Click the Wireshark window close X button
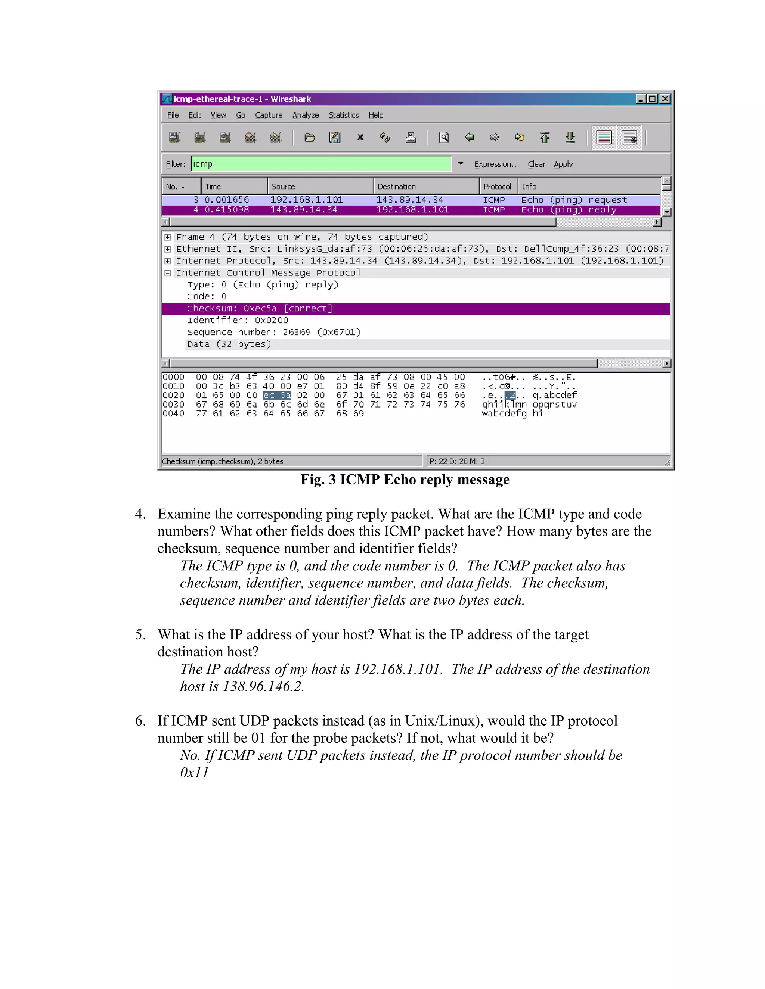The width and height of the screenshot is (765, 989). point(665,99)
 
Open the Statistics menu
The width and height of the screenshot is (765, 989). point(344,115)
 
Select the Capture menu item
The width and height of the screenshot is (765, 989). point(268,115)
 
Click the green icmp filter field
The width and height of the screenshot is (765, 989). point(321,164)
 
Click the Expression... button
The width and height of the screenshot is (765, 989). point(496,164)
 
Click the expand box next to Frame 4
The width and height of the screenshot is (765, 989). point(168,237)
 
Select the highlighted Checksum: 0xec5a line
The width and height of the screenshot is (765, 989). point(259,308)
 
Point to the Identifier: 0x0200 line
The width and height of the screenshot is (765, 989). point(238,320)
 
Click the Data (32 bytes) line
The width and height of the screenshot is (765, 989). point(229,344)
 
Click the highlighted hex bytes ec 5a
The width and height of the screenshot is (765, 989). point(277,395)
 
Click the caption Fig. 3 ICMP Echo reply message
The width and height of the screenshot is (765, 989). point(405,480)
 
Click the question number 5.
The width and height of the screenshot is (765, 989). point(140,634)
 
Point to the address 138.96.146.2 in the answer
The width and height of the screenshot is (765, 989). point(262,686)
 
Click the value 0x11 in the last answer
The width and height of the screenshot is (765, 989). point(194,773)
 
